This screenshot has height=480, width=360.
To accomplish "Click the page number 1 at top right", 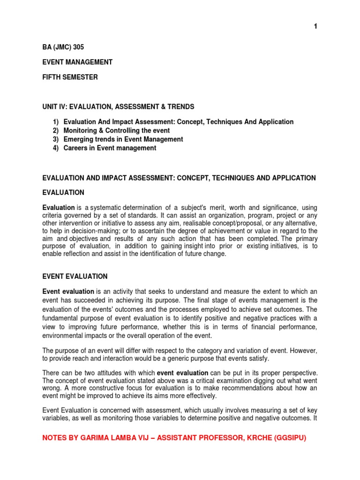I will coord(315,27).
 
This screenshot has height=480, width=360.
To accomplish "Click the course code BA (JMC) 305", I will coord(63,47).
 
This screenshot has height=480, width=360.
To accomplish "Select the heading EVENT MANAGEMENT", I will coord(77,62).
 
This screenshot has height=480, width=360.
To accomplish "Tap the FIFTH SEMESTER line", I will coord(70,77).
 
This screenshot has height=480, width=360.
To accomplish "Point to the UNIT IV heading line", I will coord(118,107).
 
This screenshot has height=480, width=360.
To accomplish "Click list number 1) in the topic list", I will coord(55,122).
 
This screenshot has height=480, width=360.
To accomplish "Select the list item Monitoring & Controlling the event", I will coord(117,130).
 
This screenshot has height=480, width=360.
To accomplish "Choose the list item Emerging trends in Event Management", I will coord(123,139).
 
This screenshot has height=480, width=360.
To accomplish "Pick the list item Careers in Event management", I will coord(110,148).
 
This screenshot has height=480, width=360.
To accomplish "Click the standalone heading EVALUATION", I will coord(63,193).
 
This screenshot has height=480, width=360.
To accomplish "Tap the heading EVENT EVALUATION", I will coord(75,277).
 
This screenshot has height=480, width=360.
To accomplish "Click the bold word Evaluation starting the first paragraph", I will coord(59,207).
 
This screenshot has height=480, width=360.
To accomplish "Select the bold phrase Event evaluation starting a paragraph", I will coord(68,292).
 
